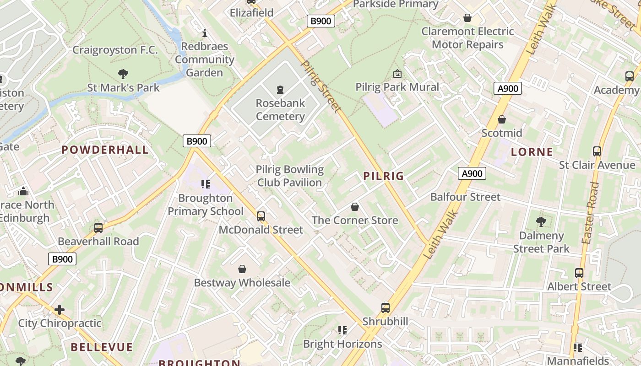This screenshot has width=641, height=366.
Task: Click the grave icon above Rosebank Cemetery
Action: click(280, 89)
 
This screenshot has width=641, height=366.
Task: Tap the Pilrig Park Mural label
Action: click(397, 87)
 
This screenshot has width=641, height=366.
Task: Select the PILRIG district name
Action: click(384, 176)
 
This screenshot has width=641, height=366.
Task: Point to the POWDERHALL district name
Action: click(105, 150)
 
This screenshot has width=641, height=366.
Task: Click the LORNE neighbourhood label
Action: click(532, 152)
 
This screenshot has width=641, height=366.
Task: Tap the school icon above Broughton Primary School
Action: click(206, 184)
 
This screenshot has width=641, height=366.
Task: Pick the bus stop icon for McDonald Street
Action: click(261, 216)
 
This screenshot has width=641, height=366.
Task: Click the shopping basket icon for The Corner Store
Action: click(355, 207)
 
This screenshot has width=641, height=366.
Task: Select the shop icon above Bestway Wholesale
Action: click(242, 269)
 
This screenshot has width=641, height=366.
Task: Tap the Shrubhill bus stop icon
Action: click(386, 307)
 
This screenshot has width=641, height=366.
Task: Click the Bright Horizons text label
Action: click(342, 344)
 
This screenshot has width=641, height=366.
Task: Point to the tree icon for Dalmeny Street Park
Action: click(541, 222)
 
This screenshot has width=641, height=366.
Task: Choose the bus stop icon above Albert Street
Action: click(579, 273)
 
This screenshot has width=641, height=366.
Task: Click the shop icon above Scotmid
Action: click(502, 119)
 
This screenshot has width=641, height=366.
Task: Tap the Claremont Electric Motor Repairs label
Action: click(467, 38)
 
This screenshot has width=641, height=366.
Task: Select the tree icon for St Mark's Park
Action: click(123, 74)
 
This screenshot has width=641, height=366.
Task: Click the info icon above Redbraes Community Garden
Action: click(205, 33)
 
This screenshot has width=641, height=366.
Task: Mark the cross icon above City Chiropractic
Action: click(60, 310)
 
